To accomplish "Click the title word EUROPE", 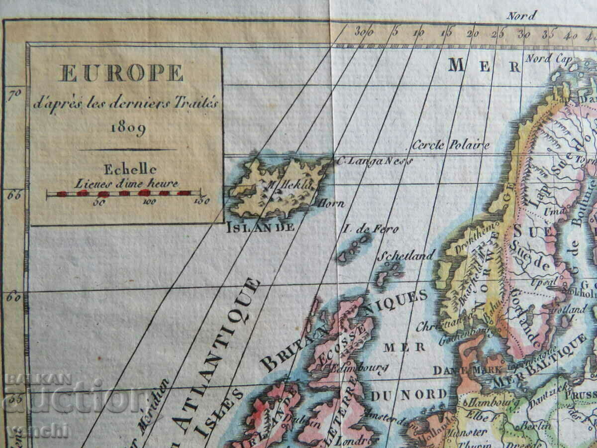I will point(121,73).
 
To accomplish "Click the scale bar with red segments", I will point(124,193).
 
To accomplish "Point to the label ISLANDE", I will point(260,227).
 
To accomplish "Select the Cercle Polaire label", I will point(451,145).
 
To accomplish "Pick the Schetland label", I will point(406,256).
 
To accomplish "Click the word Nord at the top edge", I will point(522,15).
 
